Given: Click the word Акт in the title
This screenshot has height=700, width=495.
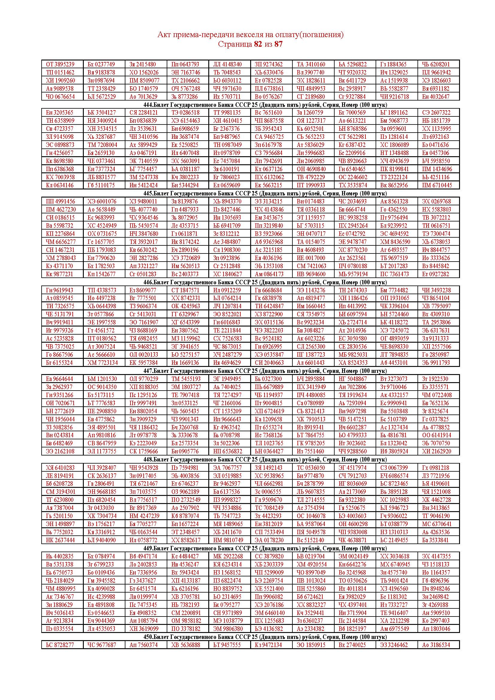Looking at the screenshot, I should pos(164,35).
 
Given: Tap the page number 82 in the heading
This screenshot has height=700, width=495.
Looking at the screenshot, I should pos(258,44).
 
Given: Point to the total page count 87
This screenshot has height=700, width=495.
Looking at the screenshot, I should pos(278,44).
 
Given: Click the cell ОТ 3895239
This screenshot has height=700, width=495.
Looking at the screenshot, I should pos(60,64).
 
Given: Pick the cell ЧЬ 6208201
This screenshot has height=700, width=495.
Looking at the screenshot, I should pos(436,64).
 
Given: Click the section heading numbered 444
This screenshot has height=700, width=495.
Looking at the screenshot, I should pos(265,105).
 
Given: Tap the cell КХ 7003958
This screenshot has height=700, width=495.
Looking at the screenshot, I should pos(60,177).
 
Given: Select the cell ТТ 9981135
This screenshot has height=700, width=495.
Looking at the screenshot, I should pos(227,113).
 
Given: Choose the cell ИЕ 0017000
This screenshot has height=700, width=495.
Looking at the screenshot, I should pos(311,258).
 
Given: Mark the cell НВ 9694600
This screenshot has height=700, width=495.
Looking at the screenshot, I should pos(311,274).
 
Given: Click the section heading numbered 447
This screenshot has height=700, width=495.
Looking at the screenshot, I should pos(265,371).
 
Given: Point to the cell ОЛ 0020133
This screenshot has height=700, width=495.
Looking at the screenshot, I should pos(144,355).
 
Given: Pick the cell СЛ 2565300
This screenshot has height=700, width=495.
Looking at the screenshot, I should pos(311,347).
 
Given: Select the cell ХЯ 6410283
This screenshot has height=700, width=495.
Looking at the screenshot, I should pos(60,468).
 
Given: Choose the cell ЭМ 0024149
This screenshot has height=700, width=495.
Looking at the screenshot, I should pos(353,556).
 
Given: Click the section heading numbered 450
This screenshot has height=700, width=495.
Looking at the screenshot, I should pos(265,637).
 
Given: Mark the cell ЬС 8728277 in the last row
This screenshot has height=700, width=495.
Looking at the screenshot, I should pos(60,645).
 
